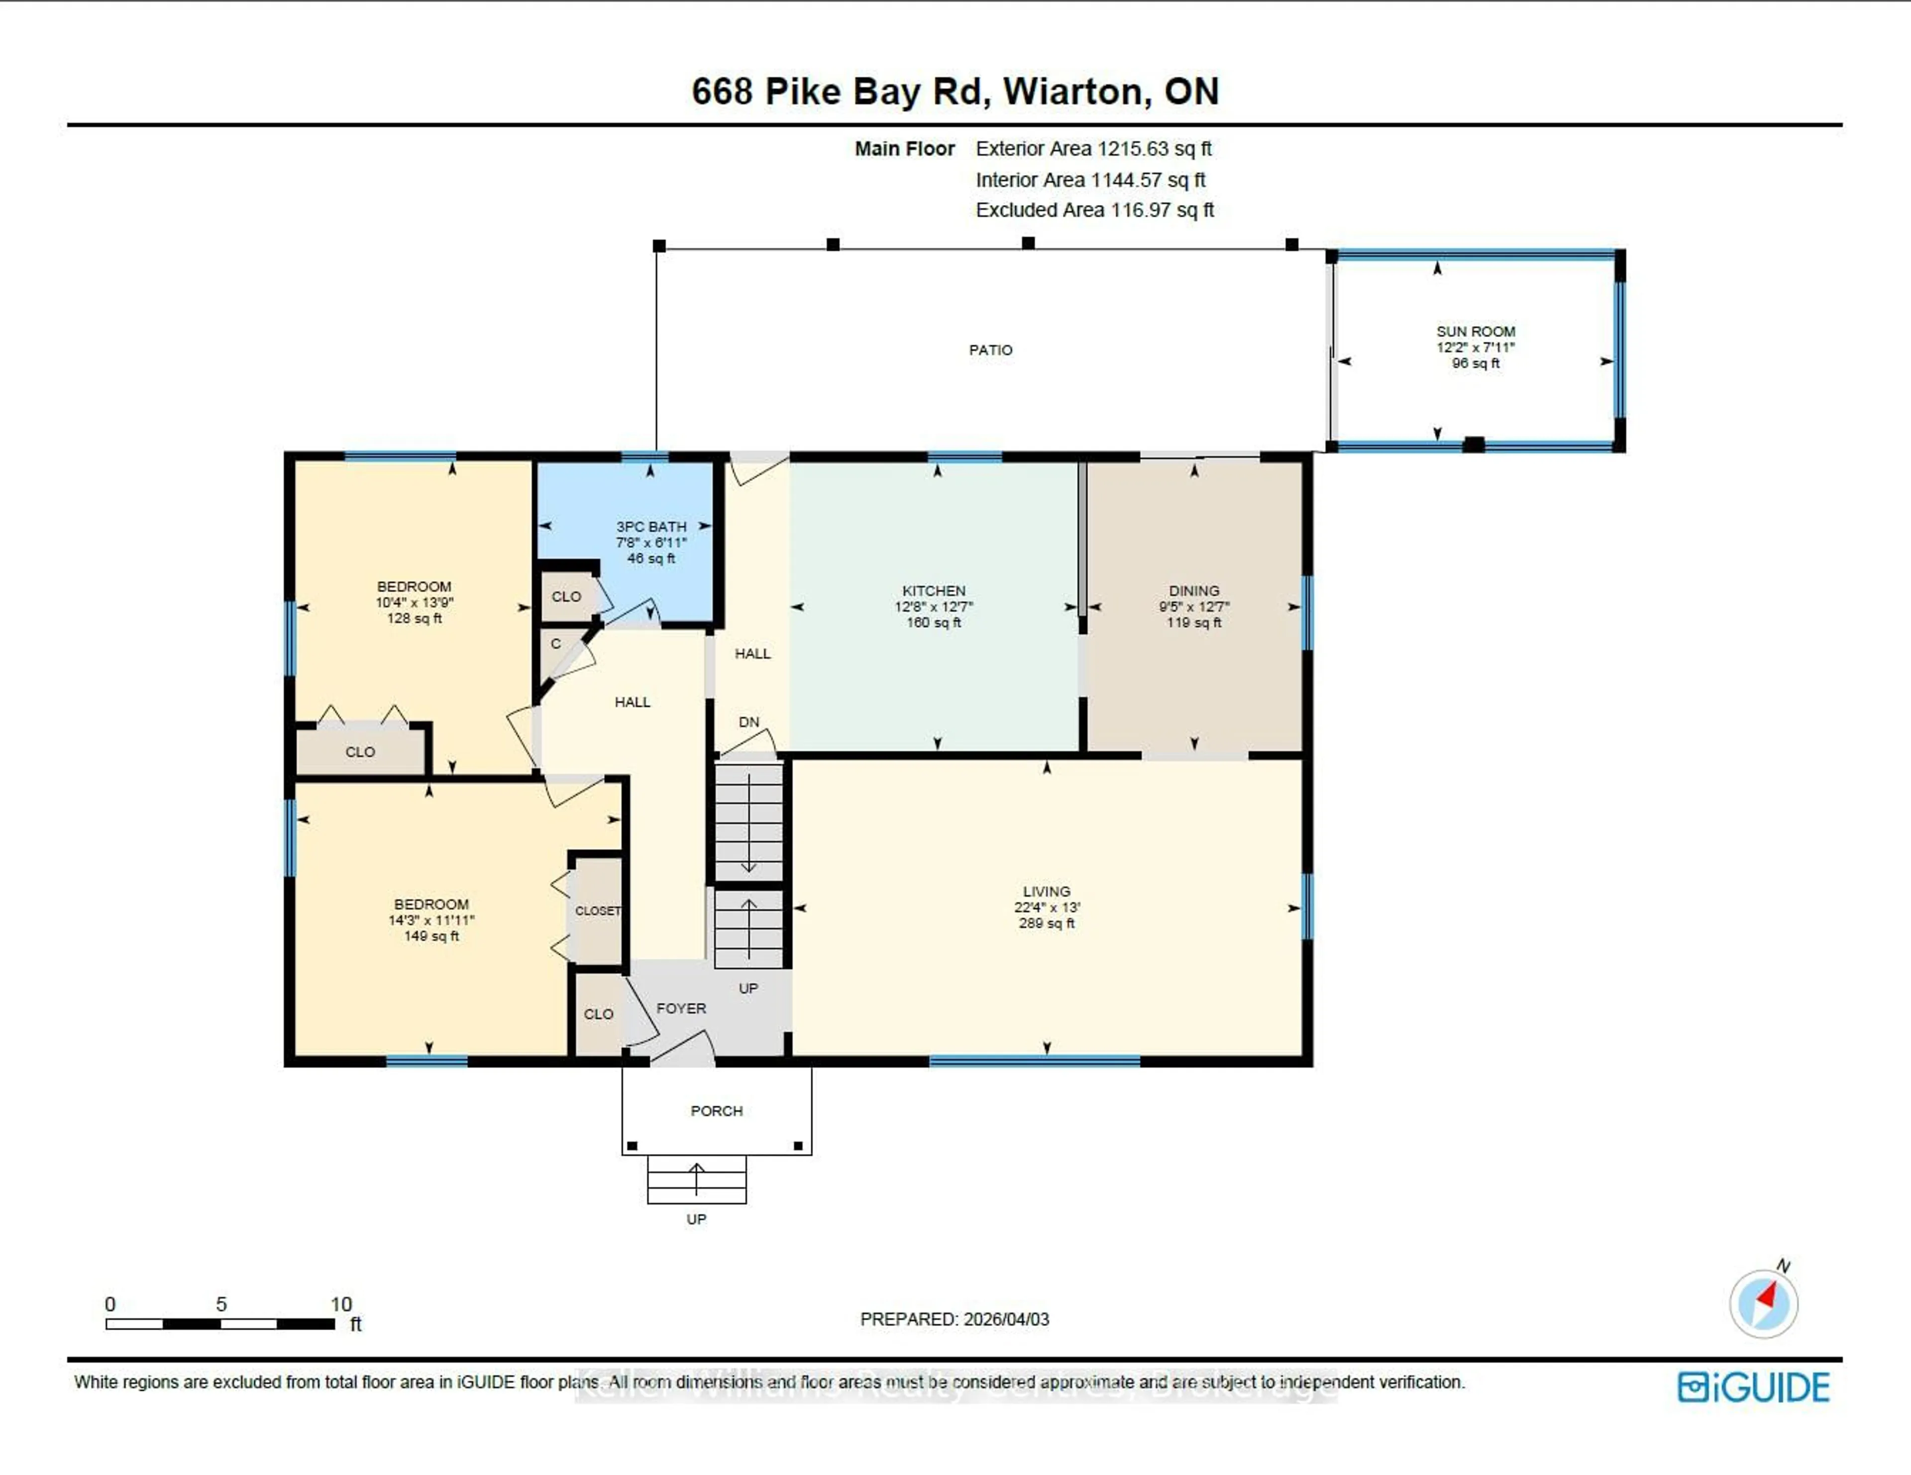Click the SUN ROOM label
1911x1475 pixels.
1475,331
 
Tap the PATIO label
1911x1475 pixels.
990,350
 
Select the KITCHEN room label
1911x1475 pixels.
934,591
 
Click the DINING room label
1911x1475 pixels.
1193,591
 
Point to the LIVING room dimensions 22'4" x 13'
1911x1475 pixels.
1047,907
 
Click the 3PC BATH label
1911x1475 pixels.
651,527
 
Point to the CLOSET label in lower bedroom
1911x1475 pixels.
598,911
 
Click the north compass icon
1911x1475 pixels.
1763,1303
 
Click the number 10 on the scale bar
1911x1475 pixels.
340,1304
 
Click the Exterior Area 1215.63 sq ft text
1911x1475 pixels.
1093,149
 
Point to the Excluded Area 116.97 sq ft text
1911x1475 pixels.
1095,210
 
